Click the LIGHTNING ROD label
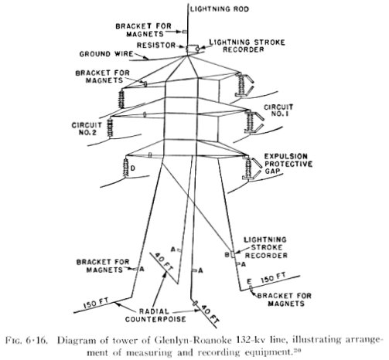click(220, 9)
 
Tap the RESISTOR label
click(156, 46)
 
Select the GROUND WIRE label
click(106, 54)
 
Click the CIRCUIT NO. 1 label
click(278, 110)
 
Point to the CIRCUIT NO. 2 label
click(87, 128)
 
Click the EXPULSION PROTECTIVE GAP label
click(288, 164)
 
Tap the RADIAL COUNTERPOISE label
click(155, 315)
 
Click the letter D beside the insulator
click(132, 168)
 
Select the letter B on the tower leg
click(227, 255)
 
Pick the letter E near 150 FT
click(249, 281)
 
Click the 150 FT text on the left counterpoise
click(97, 303)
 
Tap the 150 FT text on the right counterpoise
click(273, 278)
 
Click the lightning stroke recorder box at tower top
click(191, 48)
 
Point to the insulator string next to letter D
click(126, 168)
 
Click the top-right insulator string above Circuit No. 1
click(241, 84)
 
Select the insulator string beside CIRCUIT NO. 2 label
click(110, 128)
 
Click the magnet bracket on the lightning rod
click(185, 32)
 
